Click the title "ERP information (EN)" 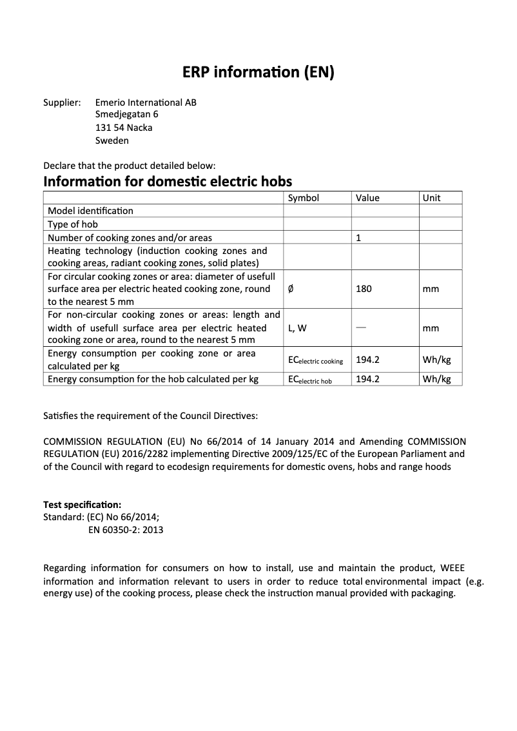point(258,73)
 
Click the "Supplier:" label point(62,102)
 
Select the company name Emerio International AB point(146,102)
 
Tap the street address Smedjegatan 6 point(126,115)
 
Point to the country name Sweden point(112,141)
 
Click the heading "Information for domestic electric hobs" point(168,181)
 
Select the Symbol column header point(303,198)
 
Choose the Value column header point(367,198)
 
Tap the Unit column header point(431,198)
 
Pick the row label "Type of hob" point(73,224)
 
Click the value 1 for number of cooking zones point(358,238)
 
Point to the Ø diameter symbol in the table point(291,289)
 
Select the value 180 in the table point(364,289)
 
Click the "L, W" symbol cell point(297,328)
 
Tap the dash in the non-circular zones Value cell point(360,327)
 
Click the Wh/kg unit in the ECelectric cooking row point(436,360)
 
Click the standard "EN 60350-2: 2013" point(126,530)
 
